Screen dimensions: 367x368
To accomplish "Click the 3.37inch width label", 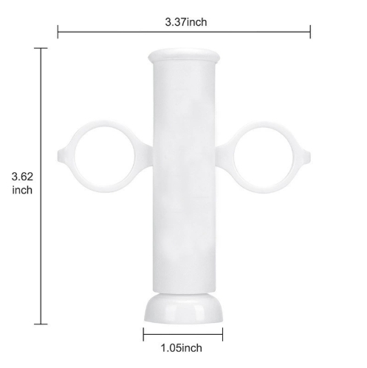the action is [x=186, y=22].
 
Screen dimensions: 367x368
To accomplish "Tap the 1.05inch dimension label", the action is [x=182, y=348].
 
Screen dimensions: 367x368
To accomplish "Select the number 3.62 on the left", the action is [x=22, y=177].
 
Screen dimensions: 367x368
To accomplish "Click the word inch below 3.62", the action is [x=22, y=190].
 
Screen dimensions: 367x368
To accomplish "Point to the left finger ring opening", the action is [x=104, y=157].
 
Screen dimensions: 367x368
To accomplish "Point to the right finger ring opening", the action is [x=263, y=157].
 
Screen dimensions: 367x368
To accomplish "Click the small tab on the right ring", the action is [x=306, y=157].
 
